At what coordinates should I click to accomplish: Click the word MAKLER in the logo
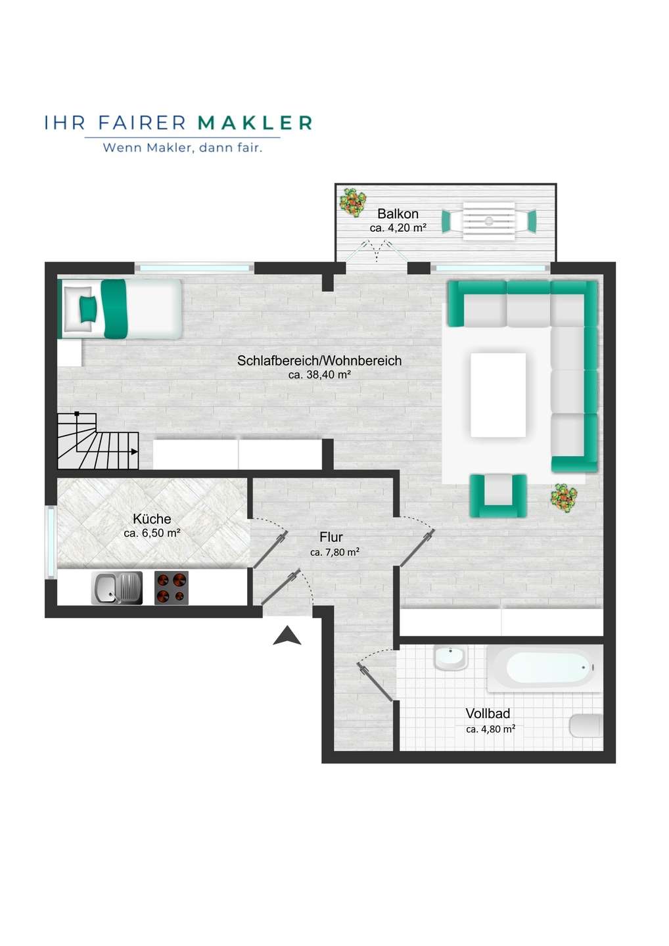pos(255,123)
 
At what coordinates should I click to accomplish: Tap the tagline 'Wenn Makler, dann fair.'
pos(183,148)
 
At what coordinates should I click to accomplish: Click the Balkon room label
pos(398,214)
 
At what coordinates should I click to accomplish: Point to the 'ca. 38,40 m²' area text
pos(320,374)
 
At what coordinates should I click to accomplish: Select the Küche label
pos(152,518)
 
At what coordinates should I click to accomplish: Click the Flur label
pos(331,537)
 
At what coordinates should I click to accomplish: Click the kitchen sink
pos(117,588)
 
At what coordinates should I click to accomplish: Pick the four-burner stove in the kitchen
pos(171,588)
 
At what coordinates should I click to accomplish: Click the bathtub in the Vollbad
pos(545,668)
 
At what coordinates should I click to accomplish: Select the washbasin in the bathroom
pos(451,657)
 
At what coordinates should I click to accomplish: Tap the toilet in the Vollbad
pos(586,726)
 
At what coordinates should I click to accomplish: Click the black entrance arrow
pos(287,636)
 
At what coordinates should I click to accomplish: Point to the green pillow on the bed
pos(88,308)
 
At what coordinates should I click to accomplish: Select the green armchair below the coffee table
pos(498,496)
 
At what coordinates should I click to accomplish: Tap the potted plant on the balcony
pos(353,202)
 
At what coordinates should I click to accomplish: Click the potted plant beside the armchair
pos(564,499)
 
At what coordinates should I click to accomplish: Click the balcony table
pos(489,221)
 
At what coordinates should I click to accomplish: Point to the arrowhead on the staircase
pos(134,451)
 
